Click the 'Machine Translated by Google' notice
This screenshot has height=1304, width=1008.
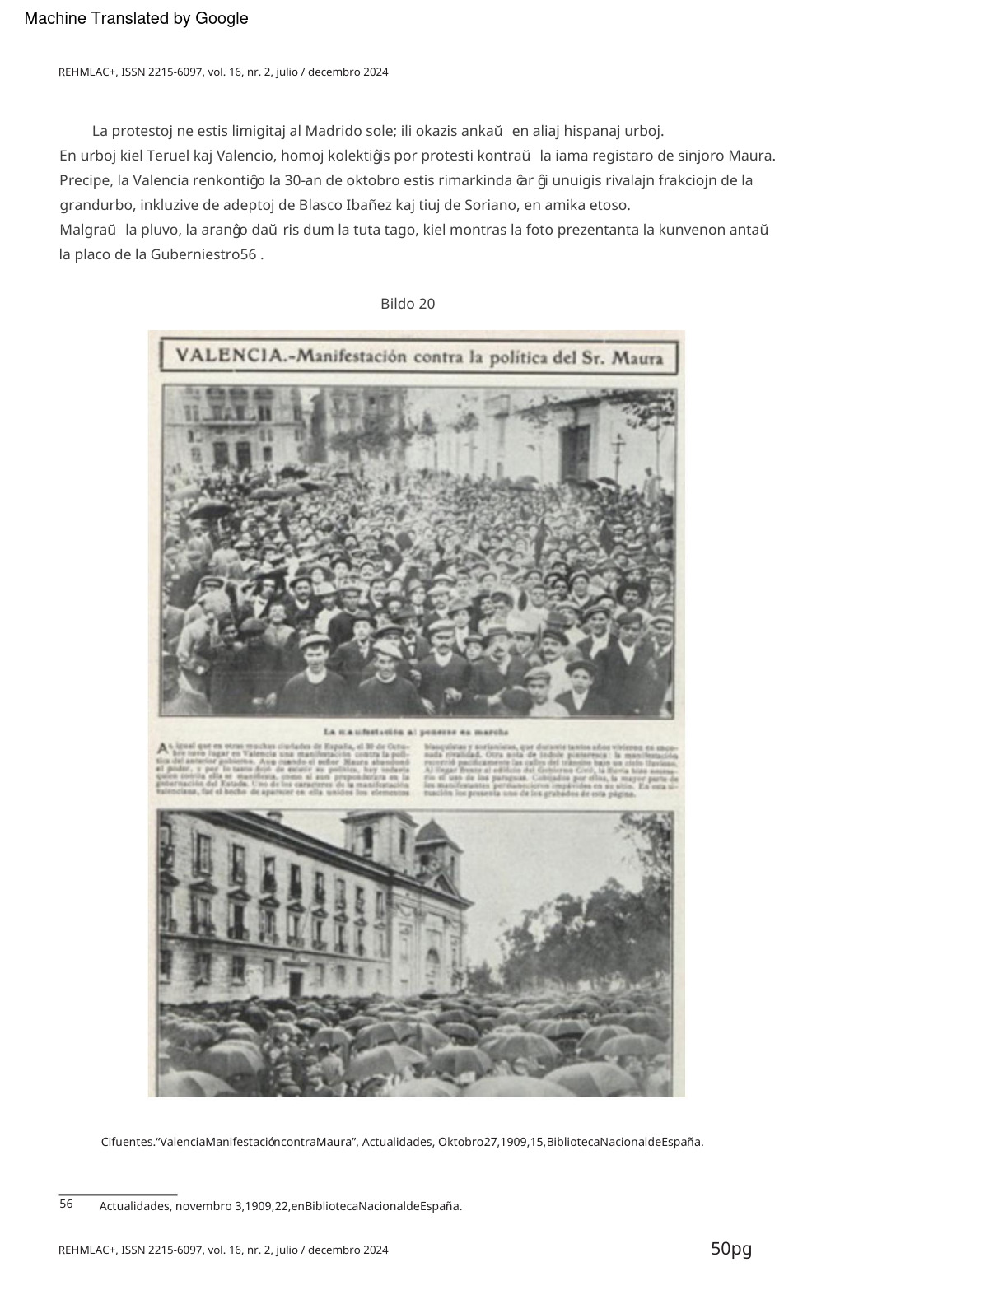pyautogui.click(x=136, y=18)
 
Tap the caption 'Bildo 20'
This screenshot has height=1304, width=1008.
pyautogui.click(x=408, y=304)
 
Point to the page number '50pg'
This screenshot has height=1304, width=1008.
pyautogui.click(x=731, y=1249)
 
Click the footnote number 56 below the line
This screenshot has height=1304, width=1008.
pyautogui.click(x=66, y=1204)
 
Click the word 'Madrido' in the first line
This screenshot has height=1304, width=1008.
pyautogui.click(x=334, y=131)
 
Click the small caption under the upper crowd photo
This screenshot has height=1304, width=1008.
pyautogui.click(x=415, y=731)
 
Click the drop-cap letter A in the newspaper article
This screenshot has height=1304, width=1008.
pyautogui.click(x=164, y=748)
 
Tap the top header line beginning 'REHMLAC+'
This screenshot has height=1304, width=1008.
pyautogui.click(x=223, y=72)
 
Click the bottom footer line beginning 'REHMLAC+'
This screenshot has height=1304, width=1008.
pyautogui.click(x=223, y=1250)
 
